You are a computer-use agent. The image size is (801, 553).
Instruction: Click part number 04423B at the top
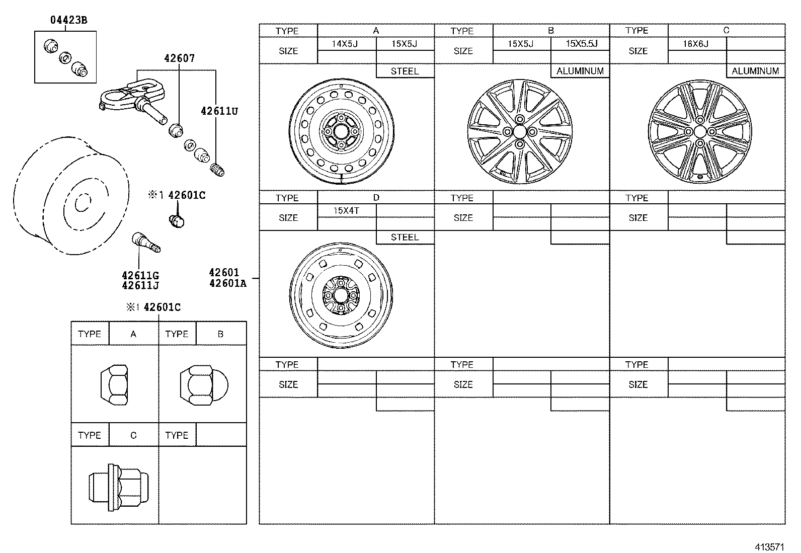68,21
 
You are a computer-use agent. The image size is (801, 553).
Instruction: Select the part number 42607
179,58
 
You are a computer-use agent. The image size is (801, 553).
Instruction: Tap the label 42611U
219,111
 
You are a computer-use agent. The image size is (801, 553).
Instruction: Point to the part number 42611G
140,275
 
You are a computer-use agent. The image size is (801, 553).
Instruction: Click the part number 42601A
228,283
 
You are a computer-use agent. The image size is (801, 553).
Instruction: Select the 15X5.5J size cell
581,44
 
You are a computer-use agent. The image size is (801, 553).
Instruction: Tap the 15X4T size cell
346,210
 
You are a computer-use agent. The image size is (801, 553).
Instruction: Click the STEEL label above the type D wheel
405,237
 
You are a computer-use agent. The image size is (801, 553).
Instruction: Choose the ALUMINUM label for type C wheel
755,71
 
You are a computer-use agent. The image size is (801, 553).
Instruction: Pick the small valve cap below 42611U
218,169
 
